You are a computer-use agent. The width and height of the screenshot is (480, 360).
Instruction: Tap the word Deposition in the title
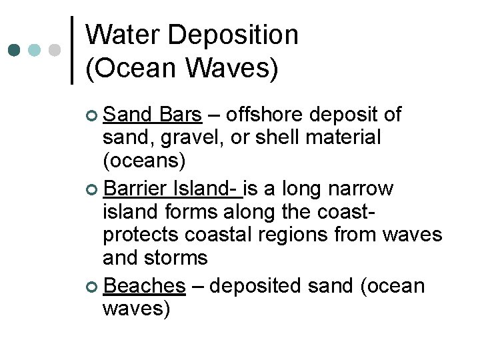233,36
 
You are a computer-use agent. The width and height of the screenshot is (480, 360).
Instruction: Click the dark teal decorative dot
13,50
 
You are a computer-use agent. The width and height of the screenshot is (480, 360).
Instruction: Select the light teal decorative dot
34,50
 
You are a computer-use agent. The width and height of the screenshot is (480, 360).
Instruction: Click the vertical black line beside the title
71,50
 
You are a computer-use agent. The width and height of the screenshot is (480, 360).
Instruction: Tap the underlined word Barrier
135,189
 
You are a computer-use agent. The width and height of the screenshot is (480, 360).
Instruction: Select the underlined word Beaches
145,286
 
